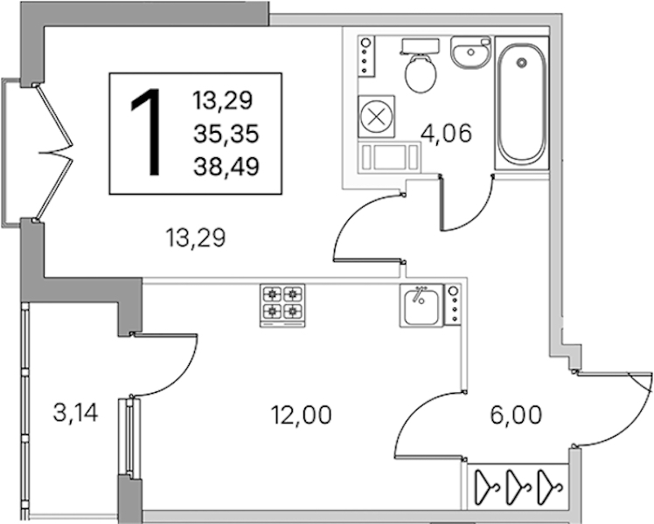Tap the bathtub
(x=521, y=103)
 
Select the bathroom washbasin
(x=470, y=52)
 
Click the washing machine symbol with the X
(x=376, y=116)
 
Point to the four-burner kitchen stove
(x=282, y=306)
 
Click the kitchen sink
(x=421, y=305)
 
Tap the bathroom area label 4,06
(x=446, y=134)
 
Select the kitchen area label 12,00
(x=301, y=415)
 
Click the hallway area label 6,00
(x=516, y=415)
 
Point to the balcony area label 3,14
(x=76, y=413)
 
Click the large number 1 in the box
(x=148, y=132)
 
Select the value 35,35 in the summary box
(x=226, y=134)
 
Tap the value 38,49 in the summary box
(x=226, y=166)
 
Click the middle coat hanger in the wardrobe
(x=518, y=486)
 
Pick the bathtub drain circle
(x=521, y=63)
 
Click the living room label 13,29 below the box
(x=195, y=238)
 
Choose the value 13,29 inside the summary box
(x=222, y=100)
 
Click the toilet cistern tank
(x=420, y=45)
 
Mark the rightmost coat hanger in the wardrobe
(x=549, y=486)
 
